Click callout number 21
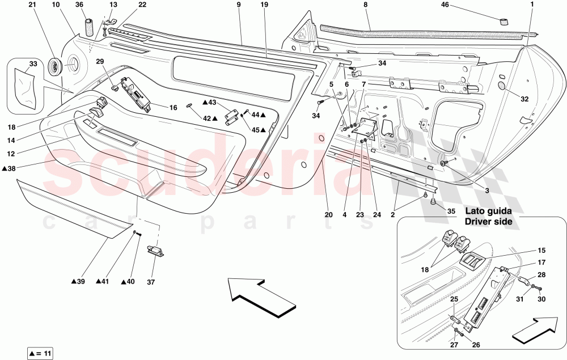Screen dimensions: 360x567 32,5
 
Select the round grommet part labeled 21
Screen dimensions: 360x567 56,66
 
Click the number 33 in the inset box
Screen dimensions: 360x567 33,64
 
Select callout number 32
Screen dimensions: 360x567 524,99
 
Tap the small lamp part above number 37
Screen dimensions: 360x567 155,251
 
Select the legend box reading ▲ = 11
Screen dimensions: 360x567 40,353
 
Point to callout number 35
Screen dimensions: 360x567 451,211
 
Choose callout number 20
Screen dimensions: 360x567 328,215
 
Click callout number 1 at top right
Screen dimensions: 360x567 532,5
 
